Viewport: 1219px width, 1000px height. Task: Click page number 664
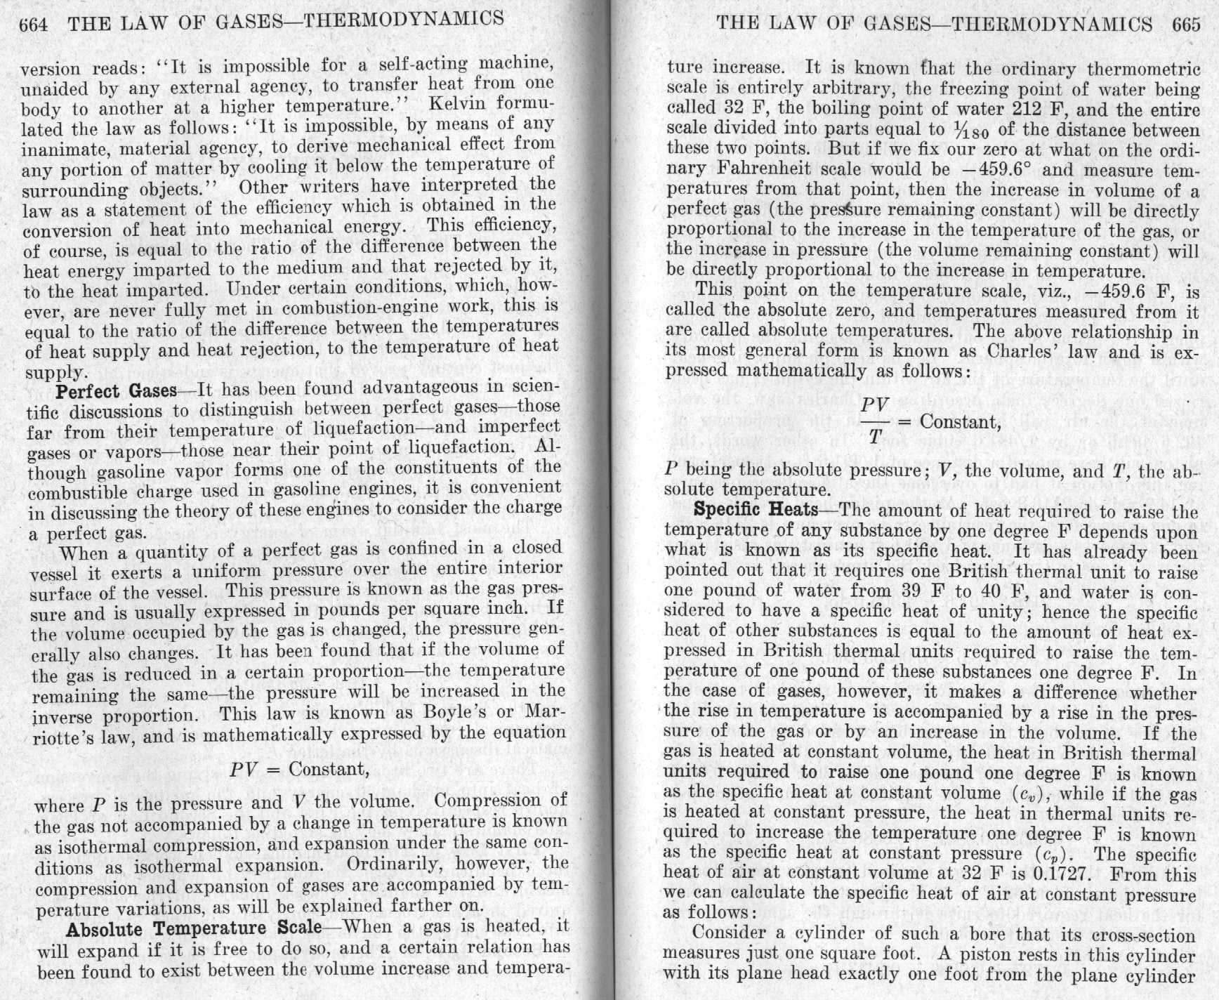pyautogui.click(x=33, y=25)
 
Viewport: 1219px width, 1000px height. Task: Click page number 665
pyautogui.click(x=1186, y=25)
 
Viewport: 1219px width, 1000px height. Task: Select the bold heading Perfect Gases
pyautogui.click(x=116, y=390)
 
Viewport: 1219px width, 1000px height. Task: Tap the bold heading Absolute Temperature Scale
pyautogui.click(x=193, y=928)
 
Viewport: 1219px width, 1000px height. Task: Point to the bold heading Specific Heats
pyautogui.click(x=756, y=509)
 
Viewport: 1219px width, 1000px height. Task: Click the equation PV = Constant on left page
pyautogui.click(x=299, y=769)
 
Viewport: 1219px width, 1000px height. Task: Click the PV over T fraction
pyautogui.click(x=874, y=421)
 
